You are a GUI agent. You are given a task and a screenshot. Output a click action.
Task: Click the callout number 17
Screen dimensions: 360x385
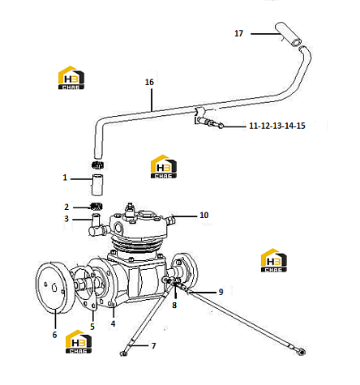point(238,33)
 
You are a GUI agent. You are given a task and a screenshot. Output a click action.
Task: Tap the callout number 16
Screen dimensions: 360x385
point(149,82)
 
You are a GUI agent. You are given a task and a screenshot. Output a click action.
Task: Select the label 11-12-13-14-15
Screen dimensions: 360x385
point(277,126)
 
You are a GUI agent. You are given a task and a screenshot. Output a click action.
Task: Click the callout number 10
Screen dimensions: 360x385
point(204,215)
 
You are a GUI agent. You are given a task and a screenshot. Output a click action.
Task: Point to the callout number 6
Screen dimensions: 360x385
point(54,335)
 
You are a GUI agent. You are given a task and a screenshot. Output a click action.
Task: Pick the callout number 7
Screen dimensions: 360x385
point(153,345)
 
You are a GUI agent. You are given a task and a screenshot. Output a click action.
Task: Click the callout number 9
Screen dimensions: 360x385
point(221,292)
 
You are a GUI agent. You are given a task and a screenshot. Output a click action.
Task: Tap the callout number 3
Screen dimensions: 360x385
point(66,219)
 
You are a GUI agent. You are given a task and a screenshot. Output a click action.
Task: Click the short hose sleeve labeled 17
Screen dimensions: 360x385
point(288,34)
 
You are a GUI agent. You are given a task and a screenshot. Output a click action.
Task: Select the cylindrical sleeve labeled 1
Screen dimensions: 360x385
point(97,185)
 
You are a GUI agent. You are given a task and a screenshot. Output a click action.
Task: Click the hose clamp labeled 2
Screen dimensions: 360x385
point(96,207)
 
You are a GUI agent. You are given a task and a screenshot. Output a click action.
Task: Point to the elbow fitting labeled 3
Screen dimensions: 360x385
point(96,225)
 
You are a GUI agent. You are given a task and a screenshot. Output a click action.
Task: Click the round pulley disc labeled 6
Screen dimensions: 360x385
point(54,288)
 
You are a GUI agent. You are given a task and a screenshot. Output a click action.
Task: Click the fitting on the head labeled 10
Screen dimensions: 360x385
point(171,220)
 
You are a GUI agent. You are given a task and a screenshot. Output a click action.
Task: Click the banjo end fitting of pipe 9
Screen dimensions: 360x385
point(301,351)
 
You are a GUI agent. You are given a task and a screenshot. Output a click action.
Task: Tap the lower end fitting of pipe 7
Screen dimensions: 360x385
point(123,353)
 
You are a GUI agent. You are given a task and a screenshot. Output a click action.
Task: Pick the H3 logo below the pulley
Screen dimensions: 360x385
point(79,341)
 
